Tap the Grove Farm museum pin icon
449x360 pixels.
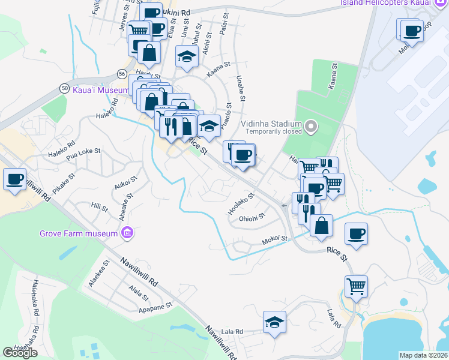pos(126,232)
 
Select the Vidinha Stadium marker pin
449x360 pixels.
pos(310,125)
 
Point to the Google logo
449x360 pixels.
pos(20,353)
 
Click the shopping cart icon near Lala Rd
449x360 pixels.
pos(355,287)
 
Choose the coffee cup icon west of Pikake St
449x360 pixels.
pos(14,178)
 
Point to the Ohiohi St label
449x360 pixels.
pos(252,218)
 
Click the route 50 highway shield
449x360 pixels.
pos(64,88)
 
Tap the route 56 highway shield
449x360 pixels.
pos(122,73)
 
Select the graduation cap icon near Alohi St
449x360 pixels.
pos(187,57)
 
